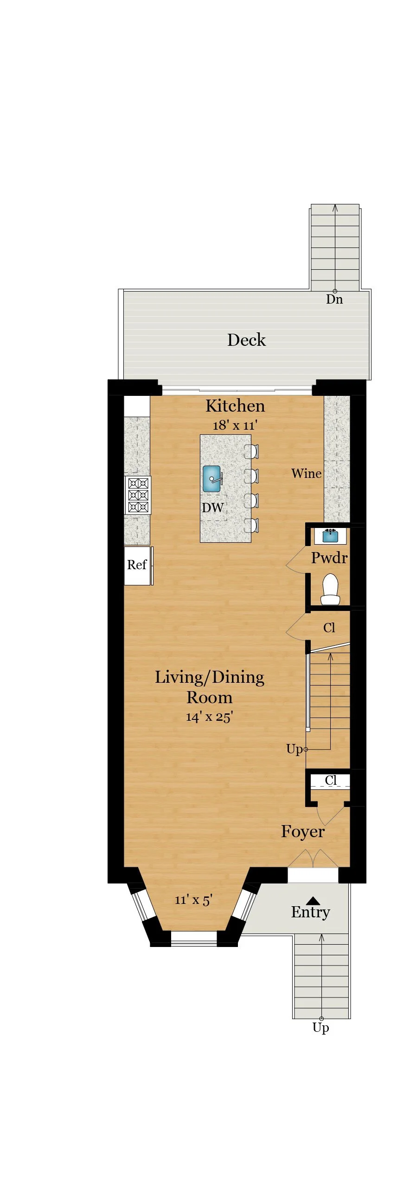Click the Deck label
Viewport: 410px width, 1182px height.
click(246, 340)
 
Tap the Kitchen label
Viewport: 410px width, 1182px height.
click(235, 406)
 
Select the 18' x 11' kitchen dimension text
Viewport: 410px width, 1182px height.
click(235, 425)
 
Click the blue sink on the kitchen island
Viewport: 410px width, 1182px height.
click(212, 479)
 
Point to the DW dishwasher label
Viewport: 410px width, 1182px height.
click(213, 508)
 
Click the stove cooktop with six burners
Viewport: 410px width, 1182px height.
click(138, 495)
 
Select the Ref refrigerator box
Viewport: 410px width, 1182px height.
click(138, 566)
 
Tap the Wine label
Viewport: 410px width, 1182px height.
click(306, 473)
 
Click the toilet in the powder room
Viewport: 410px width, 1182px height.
click(330, 589)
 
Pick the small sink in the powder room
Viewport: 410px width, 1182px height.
click(330, 536)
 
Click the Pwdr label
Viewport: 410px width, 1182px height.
click(329, 558)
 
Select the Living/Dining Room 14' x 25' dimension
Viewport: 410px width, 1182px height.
click(209, 717)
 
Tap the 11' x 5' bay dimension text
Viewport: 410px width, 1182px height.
click(193, 900)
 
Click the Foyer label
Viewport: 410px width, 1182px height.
click(302, 831)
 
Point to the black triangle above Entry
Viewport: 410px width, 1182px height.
click(313, 901)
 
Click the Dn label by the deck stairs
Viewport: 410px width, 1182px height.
click(334, 299)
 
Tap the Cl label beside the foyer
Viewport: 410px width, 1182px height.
click(331, 780)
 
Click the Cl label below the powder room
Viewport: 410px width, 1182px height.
click(329, 628)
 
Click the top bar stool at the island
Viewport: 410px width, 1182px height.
click(251, 451)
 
